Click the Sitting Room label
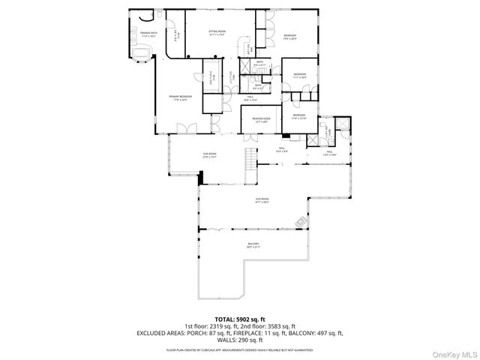coord(217,32)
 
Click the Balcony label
coord(254,245)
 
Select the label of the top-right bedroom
coord(289,37)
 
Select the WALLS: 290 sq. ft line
coord(239,340)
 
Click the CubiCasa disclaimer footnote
coord(239,349)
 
